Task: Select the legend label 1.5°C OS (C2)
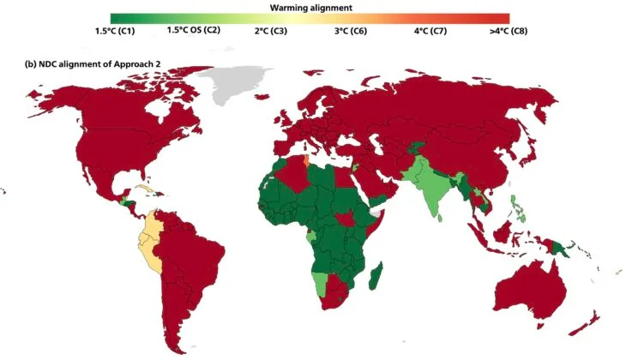(194, 30)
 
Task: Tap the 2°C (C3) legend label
(272, 30)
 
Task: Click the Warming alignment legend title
(310, 7)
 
